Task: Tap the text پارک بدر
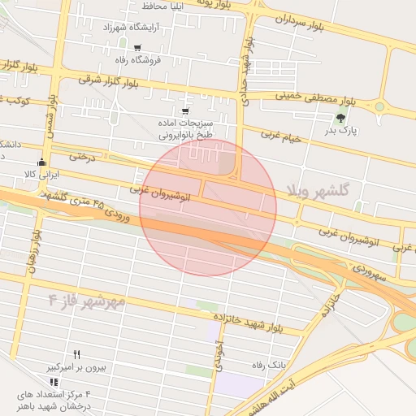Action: pos(342,130)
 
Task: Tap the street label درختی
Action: pos(82,154)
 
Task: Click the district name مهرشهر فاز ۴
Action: pos(87,302)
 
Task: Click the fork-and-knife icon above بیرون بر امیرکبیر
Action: pos(76,354)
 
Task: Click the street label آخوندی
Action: pos(219,355)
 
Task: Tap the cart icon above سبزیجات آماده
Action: pos(185,111)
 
